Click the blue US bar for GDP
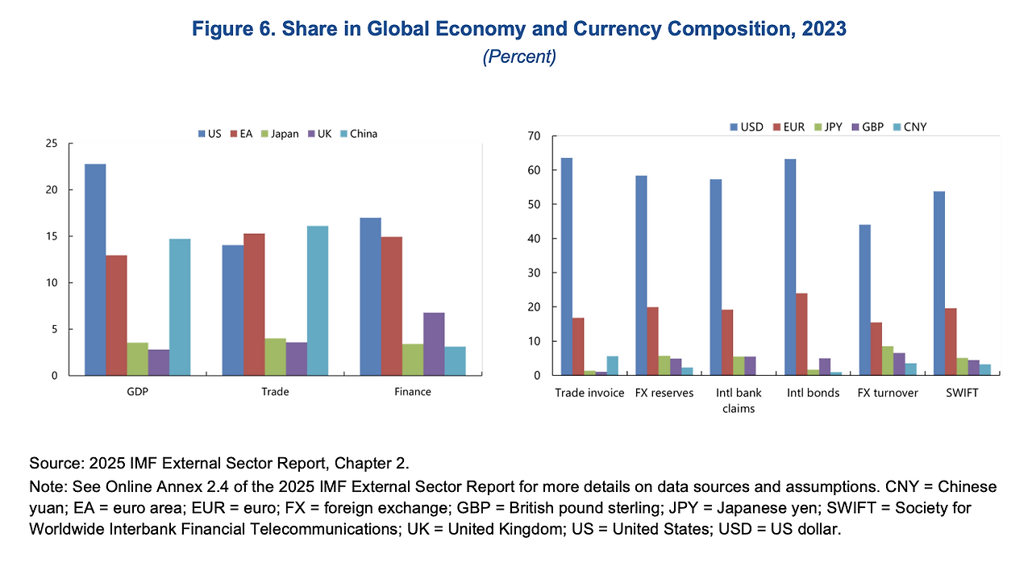(x=95, y=269)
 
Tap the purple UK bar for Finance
(x=433, y=344)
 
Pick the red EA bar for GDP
(x=116, y=314)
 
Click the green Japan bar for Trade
(x=275, y=356)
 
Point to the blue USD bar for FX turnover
(x=863, y=299)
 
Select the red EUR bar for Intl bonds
(x=801, y=334)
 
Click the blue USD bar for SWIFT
(x=938, y=283)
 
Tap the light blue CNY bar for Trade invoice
(x=612, y=365)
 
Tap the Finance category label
(x=413, y=392)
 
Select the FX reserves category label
(x=664, y=393)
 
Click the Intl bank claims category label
(x=738, y=400)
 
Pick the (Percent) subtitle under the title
(x=519, y=57)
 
